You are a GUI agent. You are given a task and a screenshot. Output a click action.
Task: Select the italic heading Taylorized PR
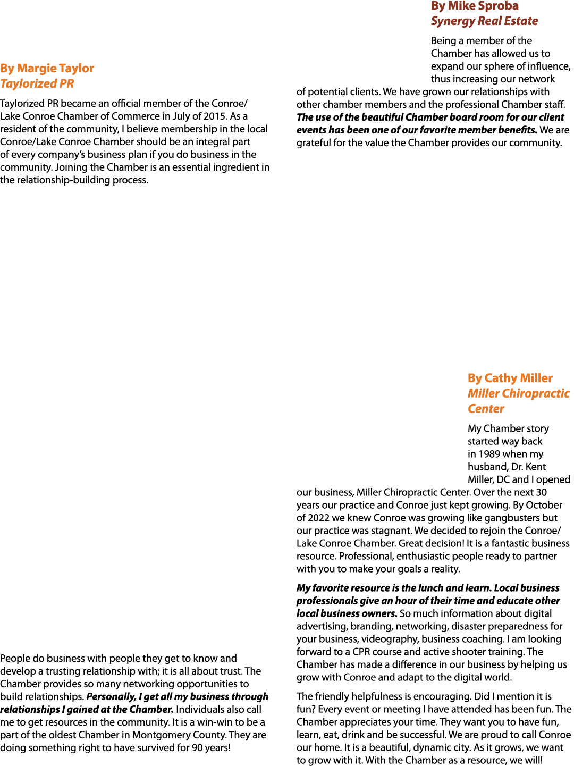click(37, 84)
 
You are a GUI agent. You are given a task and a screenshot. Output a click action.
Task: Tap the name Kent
click(536, 467)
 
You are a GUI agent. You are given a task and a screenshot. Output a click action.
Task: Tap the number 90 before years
click(198, 748)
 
